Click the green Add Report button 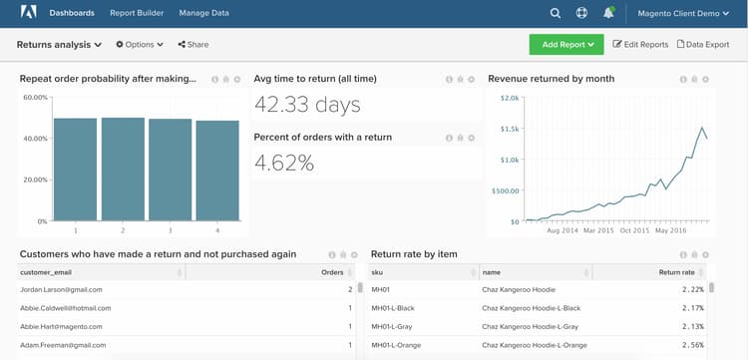pyautogui.click(x=566, y=45)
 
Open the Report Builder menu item pyautogui.click(x=137, y=13)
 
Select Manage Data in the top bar pyautogui.click(x=203, y=13)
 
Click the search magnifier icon pyautogui.click(x=556, y=13)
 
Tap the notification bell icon pyautogui.click(x=608, y=13)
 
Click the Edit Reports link pyautogui.click(x=640, y=45)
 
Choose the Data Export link pyautogui.click(x=703, y=45)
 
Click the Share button pyautogui.click(x=193, y=45)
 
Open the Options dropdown pyautogui.click(x=139, y=45)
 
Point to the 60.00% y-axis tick pyautogui.click(x=35, y=98)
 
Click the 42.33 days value pyautogui.click(x=307, y=104)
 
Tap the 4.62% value pyautogui.click(x=284, y=163)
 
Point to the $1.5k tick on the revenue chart pyautogui.click(x=508, y=129)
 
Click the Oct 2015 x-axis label pyautogui.click(x=634, y=229)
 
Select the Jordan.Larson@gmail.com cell pyautogui.click(x=62, y=289)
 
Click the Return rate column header pyautogui.click(x=676, y=271)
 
